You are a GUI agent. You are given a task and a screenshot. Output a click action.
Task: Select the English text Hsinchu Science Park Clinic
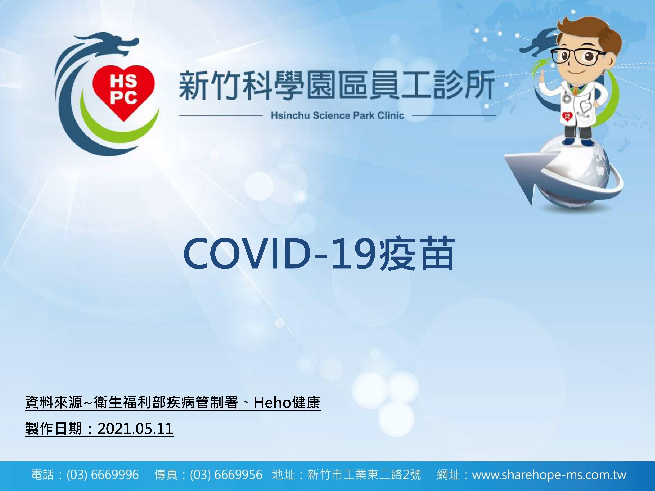tap(338, 115)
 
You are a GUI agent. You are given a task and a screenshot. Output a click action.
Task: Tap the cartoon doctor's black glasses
tap(577, 56)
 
